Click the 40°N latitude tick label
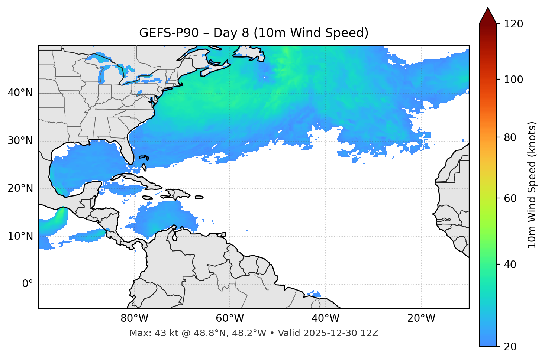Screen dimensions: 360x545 click(x=20, y=93)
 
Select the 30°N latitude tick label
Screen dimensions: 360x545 click(x=20, y=141)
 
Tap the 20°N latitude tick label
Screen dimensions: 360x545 click(x=20, y=188)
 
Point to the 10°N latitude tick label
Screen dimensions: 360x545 click(x=20, y=236)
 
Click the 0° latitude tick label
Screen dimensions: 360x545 click(x=28, y=284)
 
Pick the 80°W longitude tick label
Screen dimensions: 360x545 click(x=134, y=318)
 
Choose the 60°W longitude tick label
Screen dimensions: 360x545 click(x=230, y=318)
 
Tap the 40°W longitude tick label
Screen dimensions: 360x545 click(x=325, y=318)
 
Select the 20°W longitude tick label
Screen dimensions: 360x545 click(x=421, y=318)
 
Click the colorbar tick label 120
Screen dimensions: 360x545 click(x=513, y=24)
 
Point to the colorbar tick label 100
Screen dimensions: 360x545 click(x=513, y=80)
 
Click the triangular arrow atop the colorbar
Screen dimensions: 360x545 click(x=488, y=16)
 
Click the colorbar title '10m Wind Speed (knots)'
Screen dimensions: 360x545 click(x=532, y=185)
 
